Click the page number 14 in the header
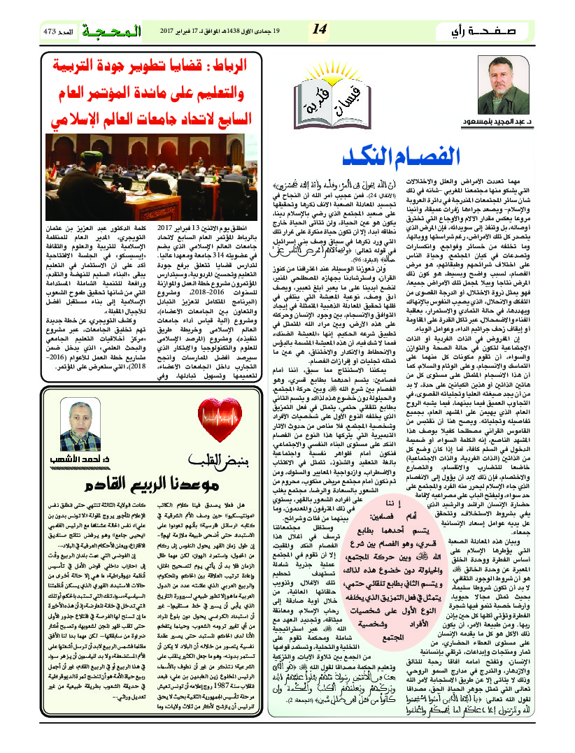[320, 29]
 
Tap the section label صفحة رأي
[490, 31]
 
